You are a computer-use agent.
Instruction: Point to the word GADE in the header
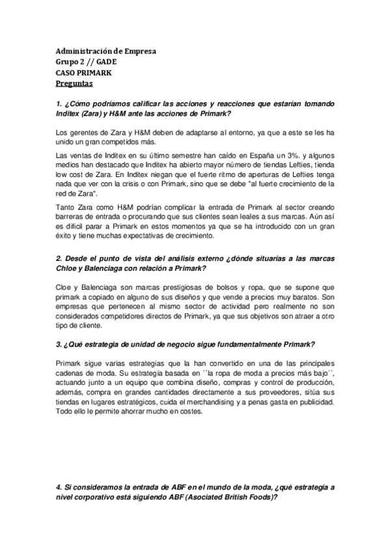pyautogui.click(x=106, y=62)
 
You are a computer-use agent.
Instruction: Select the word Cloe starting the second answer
pyautogui.click(x=65, y=290)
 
